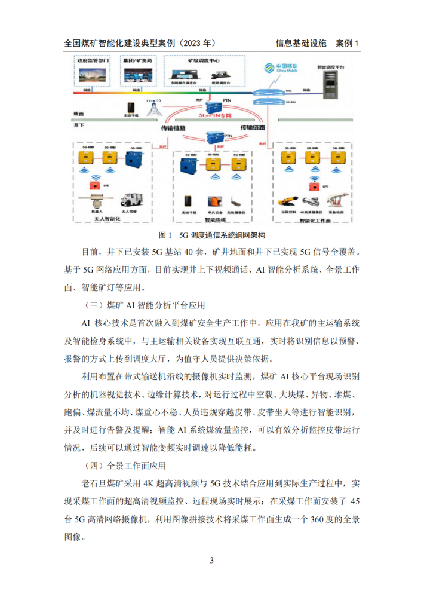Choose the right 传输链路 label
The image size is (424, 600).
pyautogui.click(x=253, y=128)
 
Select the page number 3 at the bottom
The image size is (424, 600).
pyautogui.click(x=211, y=560)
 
